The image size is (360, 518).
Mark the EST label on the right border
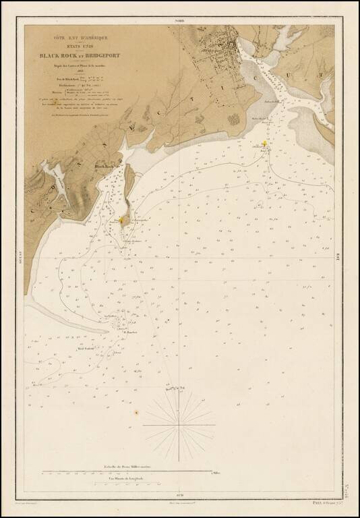[336, 255]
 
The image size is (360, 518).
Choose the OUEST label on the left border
[23, 258]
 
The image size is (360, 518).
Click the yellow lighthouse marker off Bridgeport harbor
[265, 143]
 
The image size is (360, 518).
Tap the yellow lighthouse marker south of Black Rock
[122, 220]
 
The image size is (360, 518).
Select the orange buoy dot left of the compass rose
[136, 412]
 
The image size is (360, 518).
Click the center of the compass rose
[179, 425]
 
